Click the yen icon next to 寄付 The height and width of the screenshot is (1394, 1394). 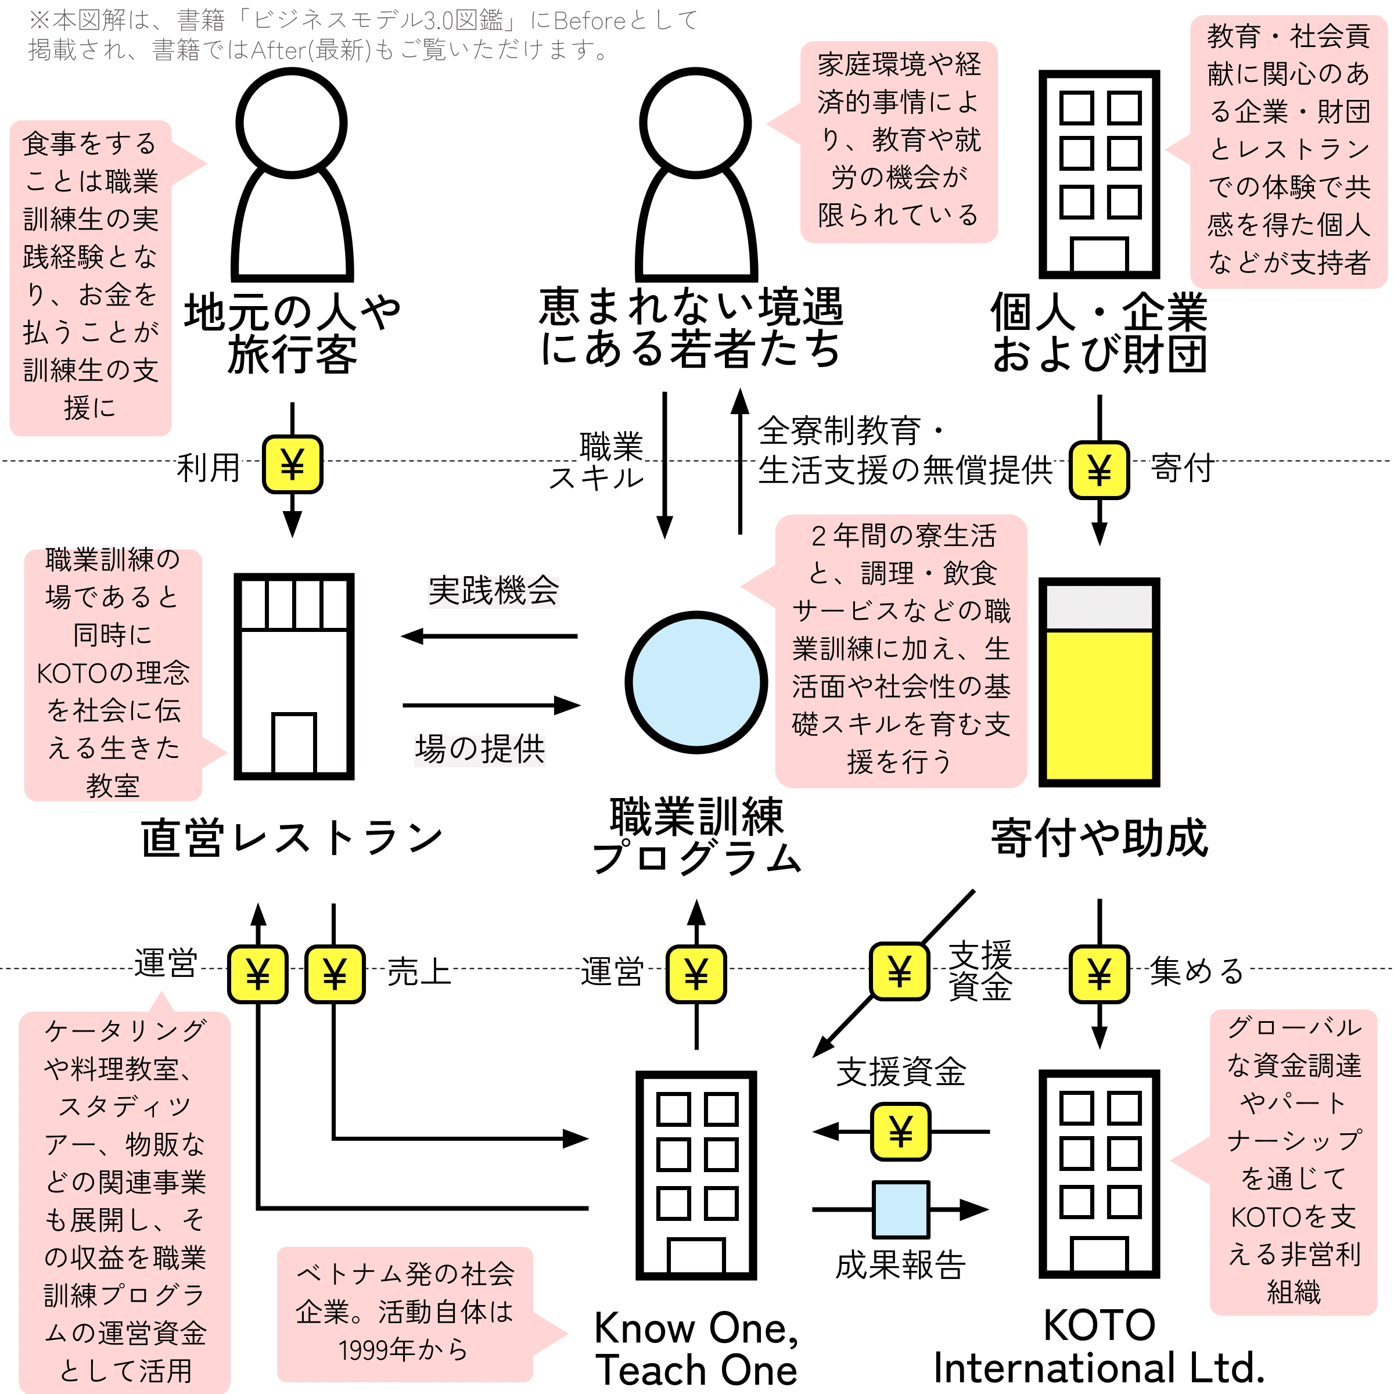pos(1099,470)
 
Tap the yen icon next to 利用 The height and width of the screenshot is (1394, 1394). pos(292,464)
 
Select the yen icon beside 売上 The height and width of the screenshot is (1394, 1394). pos(335,974)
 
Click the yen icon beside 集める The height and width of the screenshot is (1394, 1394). pos(1099,974)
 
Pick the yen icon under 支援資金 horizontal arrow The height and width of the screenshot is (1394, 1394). pos(900,1131)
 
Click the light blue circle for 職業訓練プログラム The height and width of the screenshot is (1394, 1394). pos(696,682)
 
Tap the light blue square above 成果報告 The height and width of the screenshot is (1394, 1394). pos(900,1209)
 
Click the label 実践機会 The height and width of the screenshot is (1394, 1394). pos(494,591)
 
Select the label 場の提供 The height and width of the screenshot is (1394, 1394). pos(480,749)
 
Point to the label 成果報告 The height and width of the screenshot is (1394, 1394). pos(900,1265)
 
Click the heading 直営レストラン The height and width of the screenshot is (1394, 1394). pos(292,838)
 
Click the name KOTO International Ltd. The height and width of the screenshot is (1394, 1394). pos(1099,1346)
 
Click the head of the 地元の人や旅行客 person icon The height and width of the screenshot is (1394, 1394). pos(292,123)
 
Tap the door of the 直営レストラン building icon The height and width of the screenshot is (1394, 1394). pos(294,743)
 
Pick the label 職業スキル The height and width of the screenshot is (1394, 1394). pos(597,462)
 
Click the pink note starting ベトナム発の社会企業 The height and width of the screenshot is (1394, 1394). pos(405,1314)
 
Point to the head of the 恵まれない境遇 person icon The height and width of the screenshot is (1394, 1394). pos(696,123)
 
